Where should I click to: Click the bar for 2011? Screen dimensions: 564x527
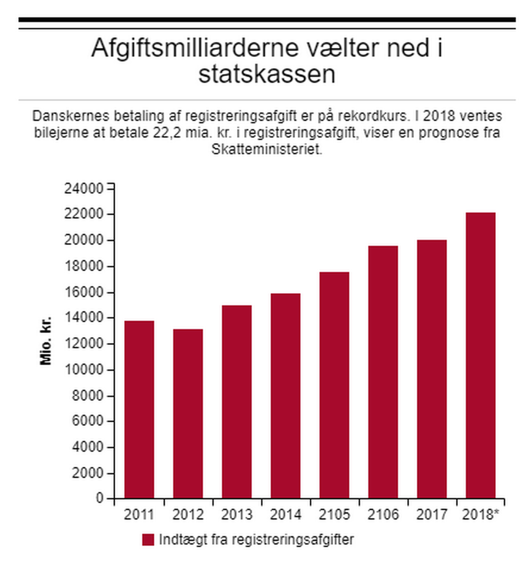tap(139, 409)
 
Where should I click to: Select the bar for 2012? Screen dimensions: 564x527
tap(188, 414)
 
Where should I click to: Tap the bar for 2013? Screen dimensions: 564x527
tap(237, 401)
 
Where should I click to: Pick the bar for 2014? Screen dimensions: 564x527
tap(285, 395)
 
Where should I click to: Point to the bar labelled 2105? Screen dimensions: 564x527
tap(334, 385)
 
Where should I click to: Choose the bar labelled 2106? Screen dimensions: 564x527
tap(383, 372)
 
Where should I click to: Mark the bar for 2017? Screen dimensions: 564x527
tap(431, 369)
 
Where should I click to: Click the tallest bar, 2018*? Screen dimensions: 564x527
tap(480, 355)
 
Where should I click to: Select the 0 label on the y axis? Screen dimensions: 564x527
tap(99, 499)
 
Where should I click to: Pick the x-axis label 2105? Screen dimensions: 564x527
tap(334, 515)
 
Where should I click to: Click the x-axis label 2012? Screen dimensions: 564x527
tap(188, 515)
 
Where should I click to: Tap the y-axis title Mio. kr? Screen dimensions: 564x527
tap(46, 340)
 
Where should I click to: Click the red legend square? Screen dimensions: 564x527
tap(148, 539)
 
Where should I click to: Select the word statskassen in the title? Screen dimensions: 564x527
tap(267, 75)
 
